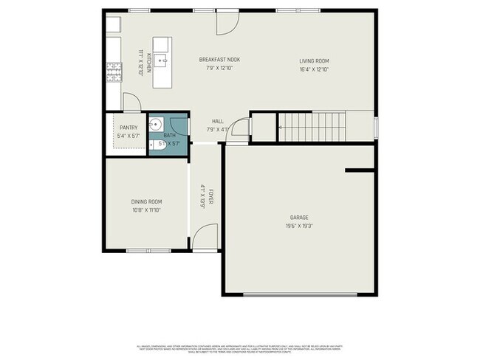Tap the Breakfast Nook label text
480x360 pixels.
pos(219,60)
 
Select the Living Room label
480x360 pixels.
pos(314,60)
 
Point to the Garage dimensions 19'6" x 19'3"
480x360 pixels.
pos(299,226)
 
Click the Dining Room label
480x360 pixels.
pos(146,201)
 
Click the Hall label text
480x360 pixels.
pos(218,121)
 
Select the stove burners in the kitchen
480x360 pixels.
pos(114,72)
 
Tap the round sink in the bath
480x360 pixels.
pos(156,124)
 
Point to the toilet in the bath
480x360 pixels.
pos(157,145)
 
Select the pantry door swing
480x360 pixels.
pos(130,103)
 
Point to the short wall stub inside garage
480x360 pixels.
pos(360,170)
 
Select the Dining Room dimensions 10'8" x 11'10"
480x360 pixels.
pos(146,210)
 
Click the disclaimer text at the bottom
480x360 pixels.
pos(240,347)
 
